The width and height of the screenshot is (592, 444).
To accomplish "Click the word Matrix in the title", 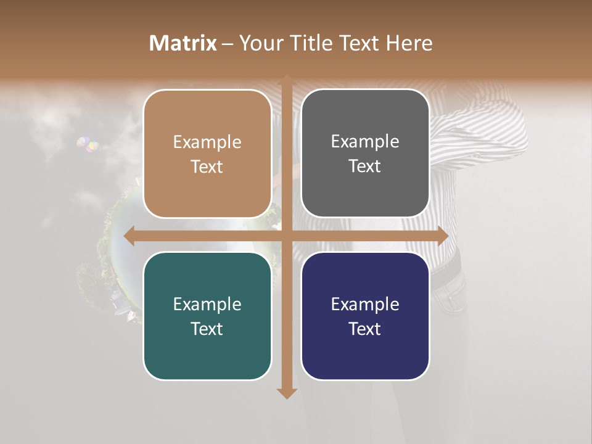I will (x=183, y=43).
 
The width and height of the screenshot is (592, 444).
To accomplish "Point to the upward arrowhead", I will (x=286, y=79).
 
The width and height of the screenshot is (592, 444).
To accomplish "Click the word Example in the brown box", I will (x=207, y=142).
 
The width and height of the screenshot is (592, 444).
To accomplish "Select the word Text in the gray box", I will (x=365, y=166).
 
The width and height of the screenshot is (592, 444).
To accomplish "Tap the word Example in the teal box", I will (x=207, y=304).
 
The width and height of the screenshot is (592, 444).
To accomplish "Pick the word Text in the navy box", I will (x=365, y=329).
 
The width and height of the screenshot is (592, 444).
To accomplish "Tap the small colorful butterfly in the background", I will (x=88, y=146).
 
